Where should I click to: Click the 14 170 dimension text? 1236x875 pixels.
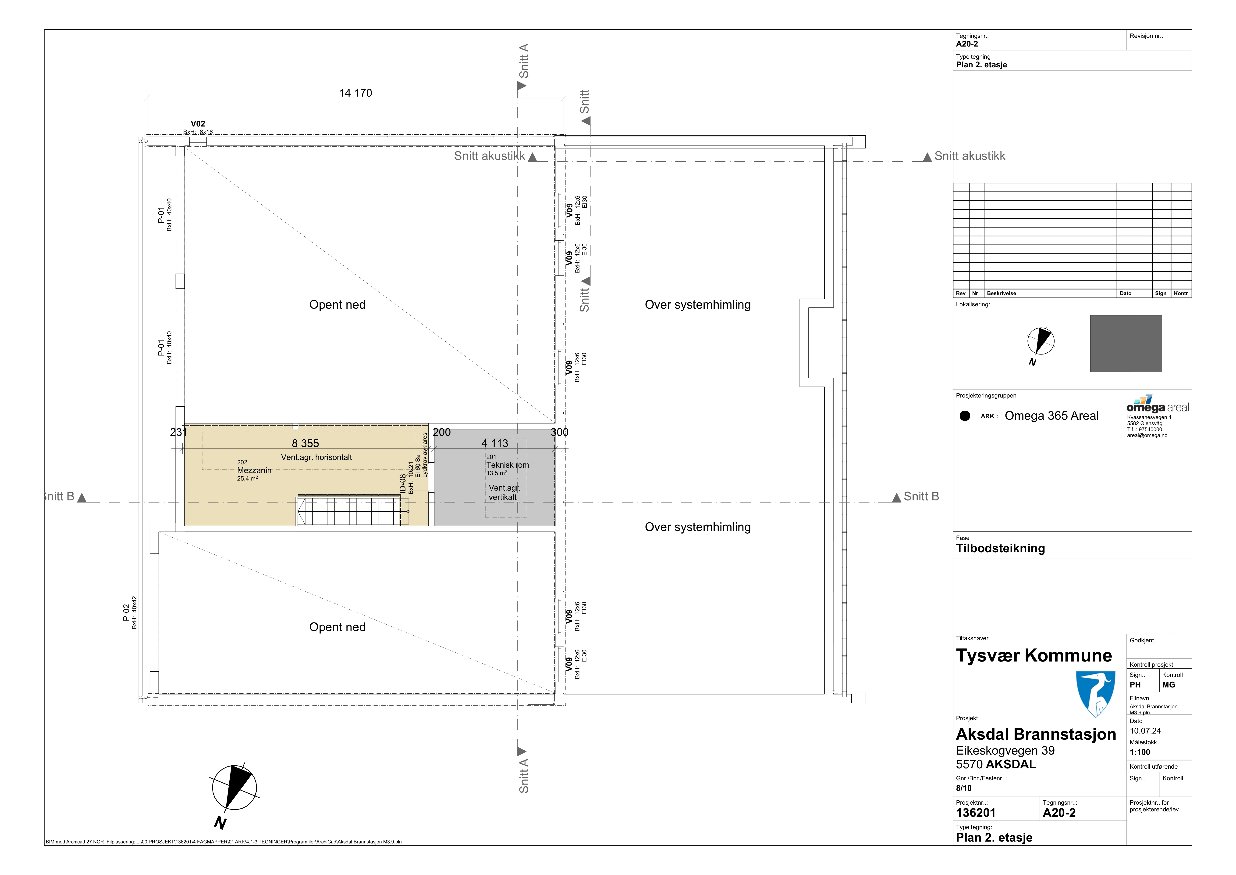click(x=355, y=93)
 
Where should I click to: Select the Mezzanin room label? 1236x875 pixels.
click(x=254, y=470)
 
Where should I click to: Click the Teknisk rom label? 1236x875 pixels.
click(x=508, y=465)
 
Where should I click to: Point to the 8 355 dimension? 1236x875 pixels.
click(x=305, y=443)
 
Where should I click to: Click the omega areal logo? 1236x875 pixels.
click(x=1157, y=404)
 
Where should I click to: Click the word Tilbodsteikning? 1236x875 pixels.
click(x=1000, y=549)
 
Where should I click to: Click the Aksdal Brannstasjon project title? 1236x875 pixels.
click(x=1036, y=734)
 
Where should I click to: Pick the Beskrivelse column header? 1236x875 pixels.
click(x=1001, y=294)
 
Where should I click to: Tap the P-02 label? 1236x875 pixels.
click(x=126, y=613)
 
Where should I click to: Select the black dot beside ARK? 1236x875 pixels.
click(x=965, y=416)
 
